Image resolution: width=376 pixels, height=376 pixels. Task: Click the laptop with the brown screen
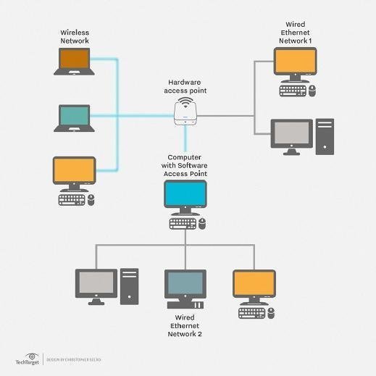click(74, 62)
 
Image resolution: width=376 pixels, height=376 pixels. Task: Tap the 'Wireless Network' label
click(75, 37)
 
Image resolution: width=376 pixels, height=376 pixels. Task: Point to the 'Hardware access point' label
click(186, 87)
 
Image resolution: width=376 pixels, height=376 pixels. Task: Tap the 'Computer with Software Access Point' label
click(185, 165)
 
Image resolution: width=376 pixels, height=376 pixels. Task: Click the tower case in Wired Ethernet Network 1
click(325, 137)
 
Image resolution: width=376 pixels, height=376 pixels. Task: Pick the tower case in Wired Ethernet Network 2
click(129, 286)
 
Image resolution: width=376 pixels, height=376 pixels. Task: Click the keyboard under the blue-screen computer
click(183, 224)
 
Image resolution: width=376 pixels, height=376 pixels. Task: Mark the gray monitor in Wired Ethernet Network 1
click(291, 135)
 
